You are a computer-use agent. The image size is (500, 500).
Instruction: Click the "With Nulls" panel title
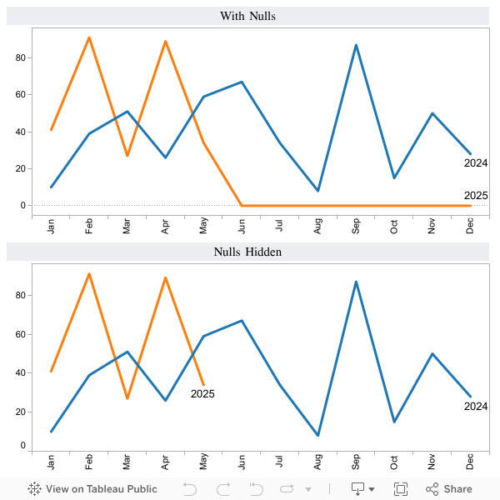point(247,16)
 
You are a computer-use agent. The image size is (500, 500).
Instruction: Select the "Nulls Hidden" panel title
point(247,252)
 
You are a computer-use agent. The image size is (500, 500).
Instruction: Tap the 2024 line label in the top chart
point(476,163)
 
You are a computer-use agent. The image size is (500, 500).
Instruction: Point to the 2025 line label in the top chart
point(476,196)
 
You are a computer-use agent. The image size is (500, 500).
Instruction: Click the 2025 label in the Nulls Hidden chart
point(202,394)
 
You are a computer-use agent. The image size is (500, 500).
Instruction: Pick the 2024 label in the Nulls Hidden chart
point(476,407)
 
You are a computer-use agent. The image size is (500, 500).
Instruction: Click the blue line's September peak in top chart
point(356,45)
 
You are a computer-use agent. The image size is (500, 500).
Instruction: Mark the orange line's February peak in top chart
point(89,37)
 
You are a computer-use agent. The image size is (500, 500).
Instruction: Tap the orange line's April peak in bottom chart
point(165,277)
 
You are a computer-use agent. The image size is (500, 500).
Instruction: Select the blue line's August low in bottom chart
point(318,435)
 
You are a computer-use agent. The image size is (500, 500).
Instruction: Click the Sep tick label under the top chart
point(356,227)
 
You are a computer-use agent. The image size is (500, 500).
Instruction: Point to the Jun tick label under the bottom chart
point(242,462)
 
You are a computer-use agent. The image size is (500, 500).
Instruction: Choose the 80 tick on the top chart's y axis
point(20,57)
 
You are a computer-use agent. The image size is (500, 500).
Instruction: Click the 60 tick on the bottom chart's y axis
point(20,334)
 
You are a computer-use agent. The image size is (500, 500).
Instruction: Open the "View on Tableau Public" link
point(92,489)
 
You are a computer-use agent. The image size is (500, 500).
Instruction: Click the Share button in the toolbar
point(449,489)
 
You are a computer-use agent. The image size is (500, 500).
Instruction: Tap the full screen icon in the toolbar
point(400,489)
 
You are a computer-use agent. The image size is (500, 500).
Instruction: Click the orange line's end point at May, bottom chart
point(203,384)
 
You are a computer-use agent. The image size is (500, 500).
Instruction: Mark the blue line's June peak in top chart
point(242,82)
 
